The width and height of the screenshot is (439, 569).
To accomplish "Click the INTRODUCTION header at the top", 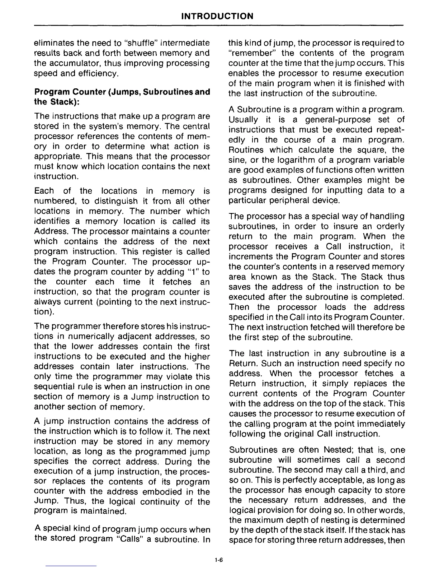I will point(217,16).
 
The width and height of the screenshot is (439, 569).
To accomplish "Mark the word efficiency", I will point(97,74).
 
